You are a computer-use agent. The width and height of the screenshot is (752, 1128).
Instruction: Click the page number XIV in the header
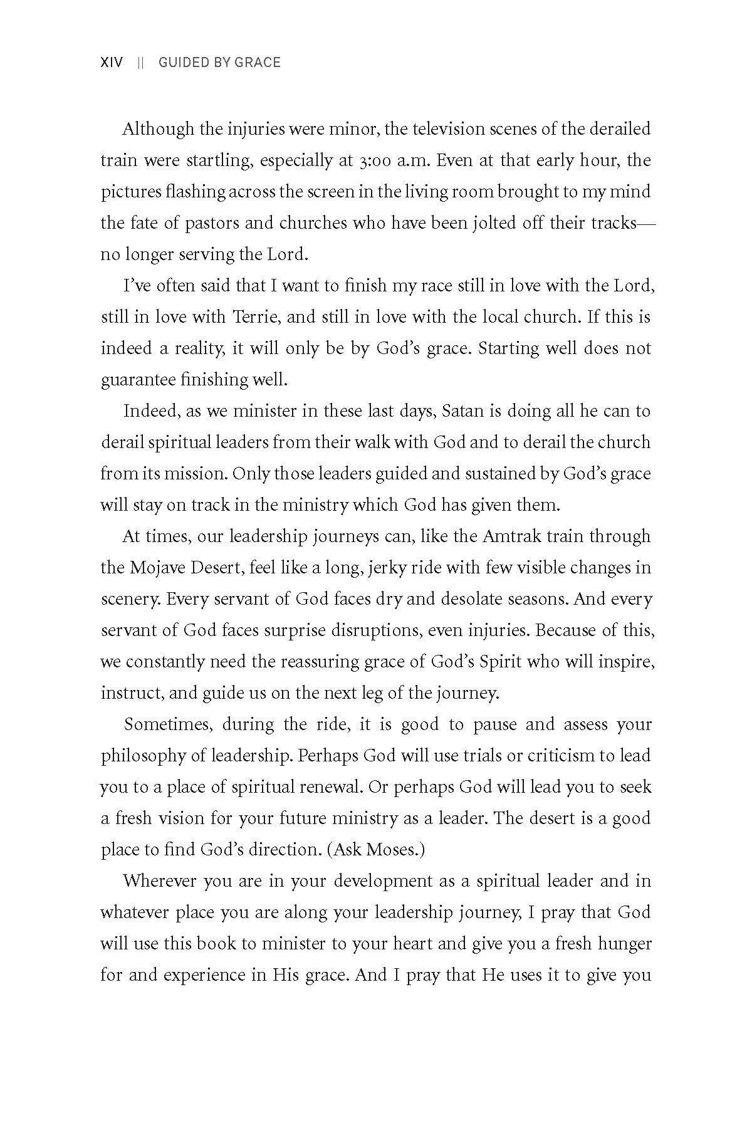[x=112, y=63]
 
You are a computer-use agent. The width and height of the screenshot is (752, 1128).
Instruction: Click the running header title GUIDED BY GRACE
[x=219, y=63]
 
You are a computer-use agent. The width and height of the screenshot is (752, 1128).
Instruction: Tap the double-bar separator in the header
[x=141, y=63]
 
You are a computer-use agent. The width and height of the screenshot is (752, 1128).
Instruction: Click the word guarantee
[x=138, y=380]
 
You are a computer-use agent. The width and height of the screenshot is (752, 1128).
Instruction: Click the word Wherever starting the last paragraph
[x=160, y=881]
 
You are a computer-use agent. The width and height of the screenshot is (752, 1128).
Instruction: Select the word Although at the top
[x=158, y=129]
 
